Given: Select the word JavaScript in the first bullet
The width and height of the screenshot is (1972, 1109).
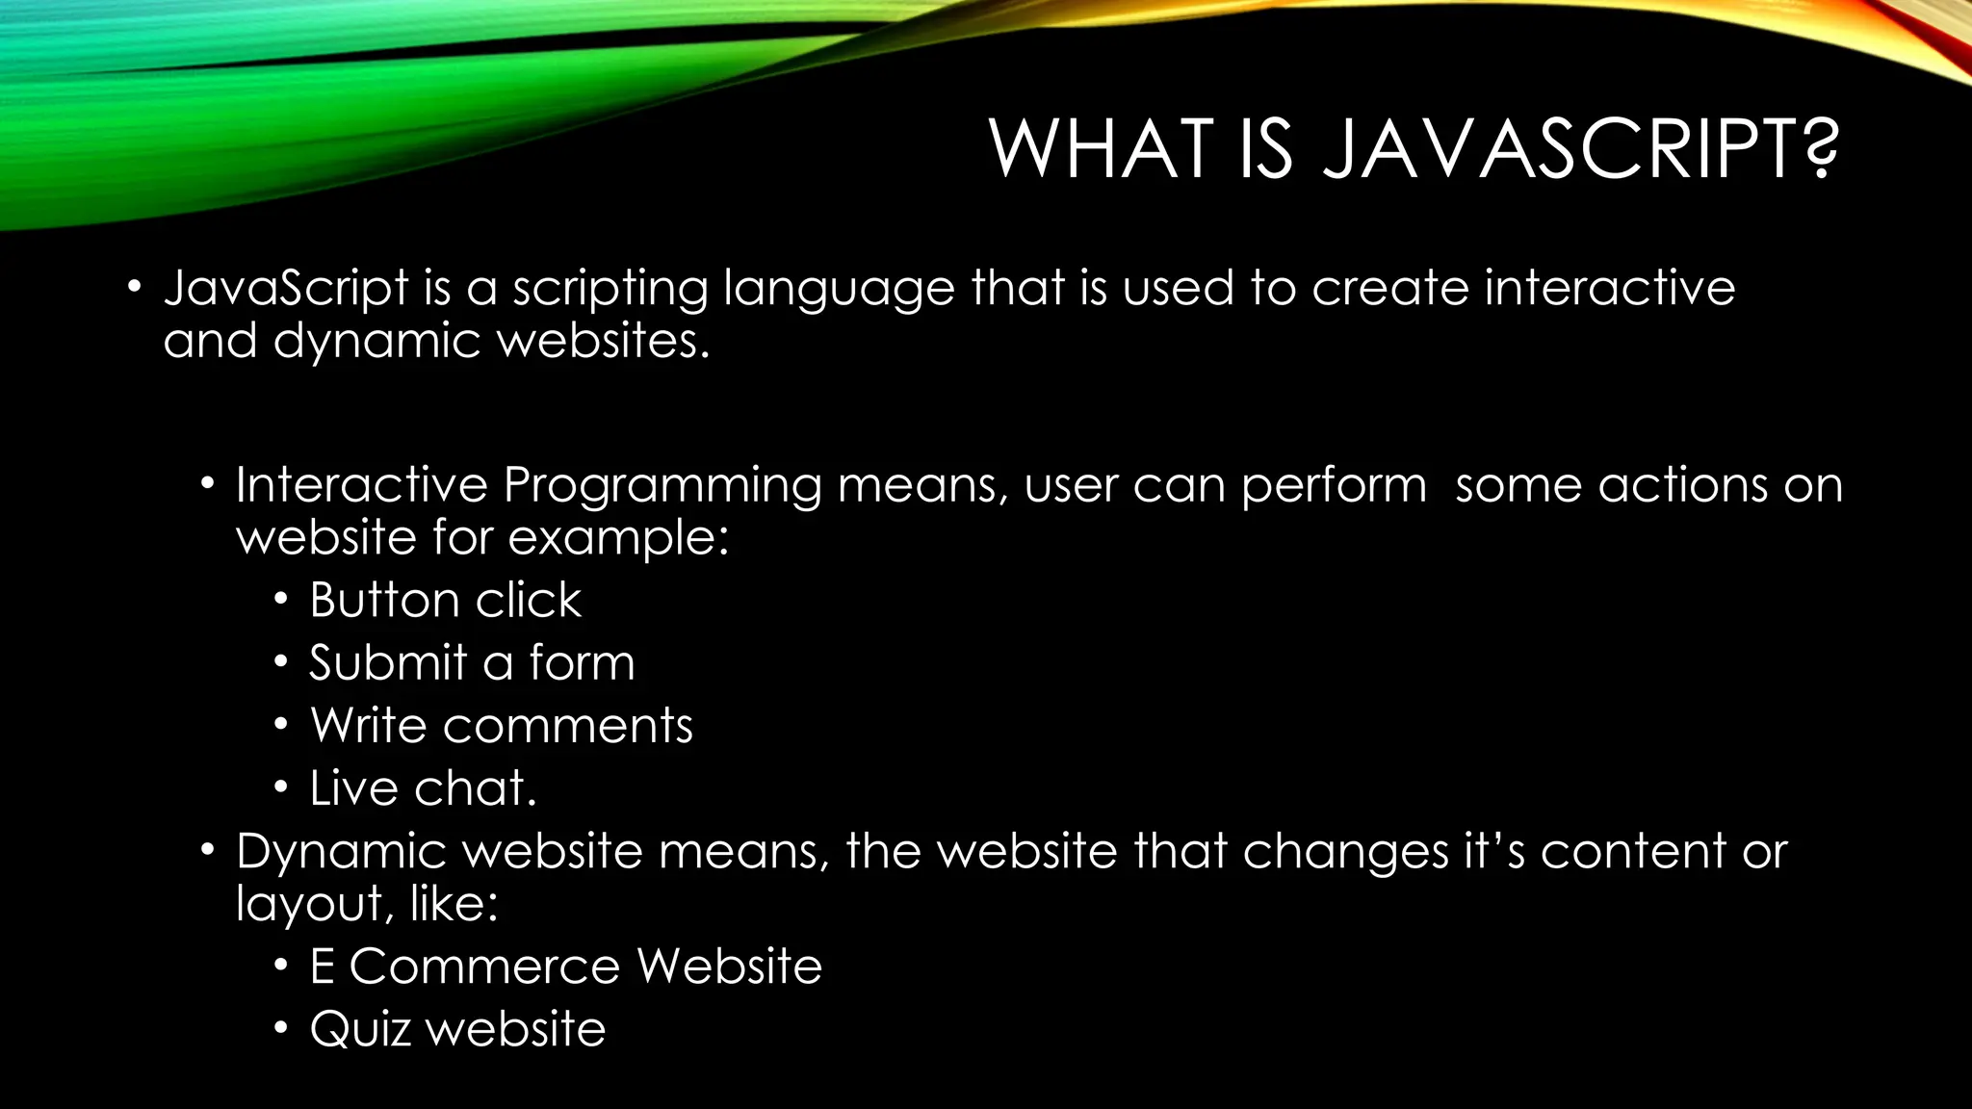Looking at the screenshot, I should pos(286,289).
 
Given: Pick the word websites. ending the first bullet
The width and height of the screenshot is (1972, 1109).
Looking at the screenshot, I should pos(603,341).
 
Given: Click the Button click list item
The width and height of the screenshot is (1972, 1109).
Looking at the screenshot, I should pos(445,601).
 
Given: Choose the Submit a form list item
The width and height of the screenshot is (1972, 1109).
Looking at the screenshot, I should pos(472,663).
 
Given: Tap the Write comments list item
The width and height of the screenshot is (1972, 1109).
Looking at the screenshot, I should pos(501,726).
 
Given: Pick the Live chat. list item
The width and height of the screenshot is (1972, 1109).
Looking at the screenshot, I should pos(423,788).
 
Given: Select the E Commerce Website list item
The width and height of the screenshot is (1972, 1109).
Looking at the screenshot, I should pos(565,967).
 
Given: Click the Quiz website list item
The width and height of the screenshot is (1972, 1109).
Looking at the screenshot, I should pos(457,1029).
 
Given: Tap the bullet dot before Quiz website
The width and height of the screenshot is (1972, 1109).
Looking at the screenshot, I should pos(280,1029).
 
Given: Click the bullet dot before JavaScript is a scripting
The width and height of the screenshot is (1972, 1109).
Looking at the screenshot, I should pos(134,287).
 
